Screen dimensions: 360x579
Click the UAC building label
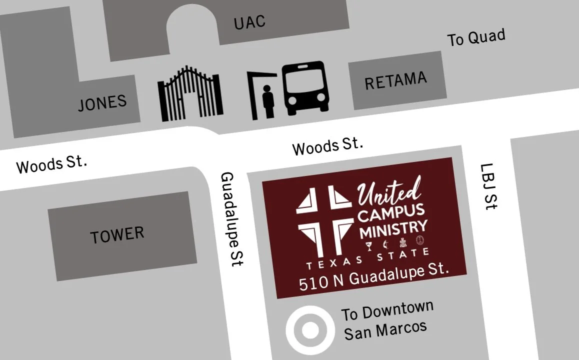[249, 22]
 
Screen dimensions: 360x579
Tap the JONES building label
[102, 103]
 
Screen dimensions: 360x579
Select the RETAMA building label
[395, 80]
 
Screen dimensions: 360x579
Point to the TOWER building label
[117, 234]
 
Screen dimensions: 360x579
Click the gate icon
[190, 94]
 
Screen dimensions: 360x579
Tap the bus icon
[305, 88]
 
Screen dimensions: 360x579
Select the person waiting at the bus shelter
[268, 101]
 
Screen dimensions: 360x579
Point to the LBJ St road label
[488, 186]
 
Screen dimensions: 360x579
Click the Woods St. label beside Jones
[51, 164]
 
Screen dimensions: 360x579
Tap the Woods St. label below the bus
[327, 146]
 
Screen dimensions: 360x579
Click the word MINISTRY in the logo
[392, 229]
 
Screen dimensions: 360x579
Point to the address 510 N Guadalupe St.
[372, 278]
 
